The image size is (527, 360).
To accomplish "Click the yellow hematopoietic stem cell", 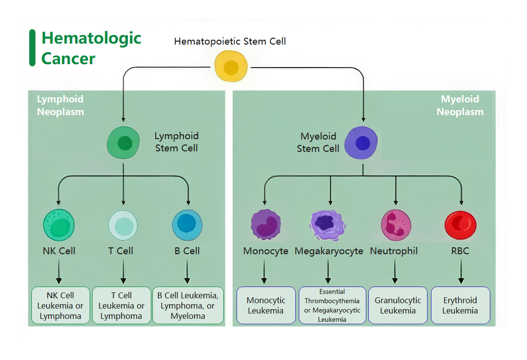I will [231, 67].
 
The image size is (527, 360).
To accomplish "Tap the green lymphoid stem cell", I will [123, 143].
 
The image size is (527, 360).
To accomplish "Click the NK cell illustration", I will [59, 224].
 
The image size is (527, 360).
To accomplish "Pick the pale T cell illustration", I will [122, 225].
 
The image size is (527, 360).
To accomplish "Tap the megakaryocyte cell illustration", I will [328, 224].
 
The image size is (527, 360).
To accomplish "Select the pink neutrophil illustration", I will [396, 225].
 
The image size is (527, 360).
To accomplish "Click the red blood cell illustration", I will [460, 224].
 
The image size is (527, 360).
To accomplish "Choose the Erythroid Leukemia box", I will [460, 305].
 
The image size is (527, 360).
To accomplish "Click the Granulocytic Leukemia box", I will [397, 305].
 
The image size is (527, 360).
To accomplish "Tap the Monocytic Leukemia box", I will [265, 305].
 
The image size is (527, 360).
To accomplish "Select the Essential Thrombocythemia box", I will [332, 305].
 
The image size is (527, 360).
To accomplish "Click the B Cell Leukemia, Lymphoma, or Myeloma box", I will [188, 305].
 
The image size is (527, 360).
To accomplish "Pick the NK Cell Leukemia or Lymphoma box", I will [60, 305].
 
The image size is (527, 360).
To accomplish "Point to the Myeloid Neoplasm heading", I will [460, 105].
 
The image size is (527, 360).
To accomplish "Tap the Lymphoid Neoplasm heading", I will [60, 105].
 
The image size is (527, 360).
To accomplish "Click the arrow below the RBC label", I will [460, 272].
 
